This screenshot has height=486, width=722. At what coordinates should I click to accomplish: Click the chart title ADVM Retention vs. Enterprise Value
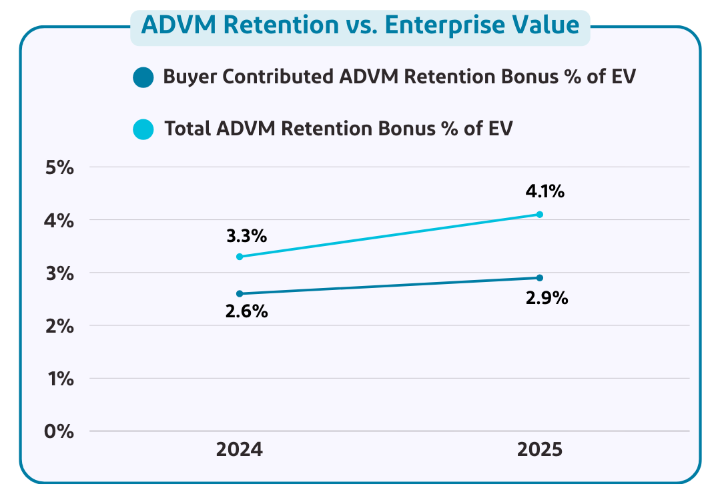(x=360, y=25)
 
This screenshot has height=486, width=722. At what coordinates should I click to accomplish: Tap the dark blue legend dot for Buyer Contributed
(x=143, y=77)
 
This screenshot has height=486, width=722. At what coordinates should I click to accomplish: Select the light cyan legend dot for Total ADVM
(x=143, y=129)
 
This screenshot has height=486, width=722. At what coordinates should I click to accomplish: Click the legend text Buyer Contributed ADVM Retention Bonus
(x=399, y=77)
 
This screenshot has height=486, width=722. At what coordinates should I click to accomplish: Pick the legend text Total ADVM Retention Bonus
(x=338, y=129)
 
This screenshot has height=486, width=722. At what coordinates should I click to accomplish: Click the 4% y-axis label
(x=59, y=220)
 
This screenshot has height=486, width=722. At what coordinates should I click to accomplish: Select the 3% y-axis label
(x=59, y=273)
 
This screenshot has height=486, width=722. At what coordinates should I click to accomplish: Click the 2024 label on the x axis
(x=240, y=449)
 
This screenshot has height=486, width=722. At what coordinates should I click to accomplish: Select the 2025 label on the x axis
(x=540, y=449)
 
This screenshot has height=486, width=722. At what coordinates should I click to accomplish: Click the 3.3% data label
(x=246, y=236)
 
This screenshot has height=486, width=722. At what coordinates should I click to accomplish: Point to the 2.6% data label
(x=246, y=311)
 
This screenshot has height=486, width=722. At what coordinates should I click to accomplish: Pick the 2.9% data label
(x=547, y=298)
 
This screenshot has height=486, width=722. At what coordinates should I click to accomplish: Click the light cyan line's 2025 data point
(x=540, y=214)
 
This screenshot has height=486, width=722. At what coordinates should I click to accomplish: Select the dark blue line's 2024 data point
(x=240, y=293)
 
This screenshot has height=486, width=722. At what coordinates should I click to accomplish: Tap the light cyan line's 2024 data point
(x=240, y=257)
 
